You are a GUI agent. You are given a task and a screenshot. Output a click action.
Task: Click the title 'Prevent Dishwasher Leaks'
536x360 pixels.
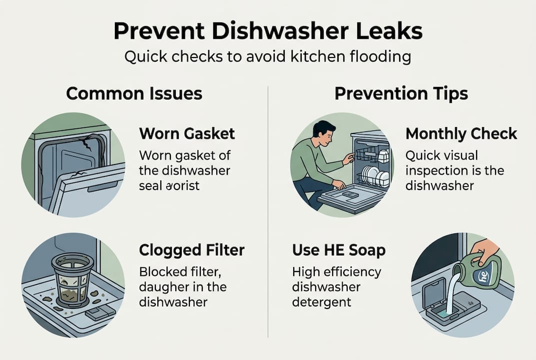tap(268, 31)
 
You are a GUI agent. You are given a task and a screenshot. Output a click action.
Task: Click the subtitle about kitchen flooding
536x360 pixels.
tap(268, 56)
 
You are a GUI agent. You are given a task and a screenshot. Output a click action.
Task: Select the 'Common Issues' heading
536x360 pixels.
tap(134, 93)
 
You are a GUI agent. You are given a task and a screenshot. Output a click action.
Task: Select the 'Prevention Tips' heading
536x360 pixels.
tap(401, 93)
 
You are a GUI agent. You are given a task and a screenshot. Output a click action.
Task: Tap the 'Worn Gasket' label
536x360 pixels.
tap(187, 133)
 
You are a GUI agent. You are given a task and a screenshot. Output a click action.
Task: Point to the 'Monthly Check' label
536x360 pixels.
tap(461, 133)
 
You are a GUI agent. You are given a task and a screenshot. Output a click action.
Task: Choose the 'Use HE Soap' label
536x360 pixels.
tap(339, 250)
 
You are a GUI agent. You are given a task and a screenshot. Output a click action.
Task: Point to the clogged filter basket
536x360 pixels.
tap(72, 277)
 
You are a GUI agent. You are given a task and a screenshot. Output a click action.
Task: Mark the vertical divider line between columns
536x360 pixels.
tap(268, 210)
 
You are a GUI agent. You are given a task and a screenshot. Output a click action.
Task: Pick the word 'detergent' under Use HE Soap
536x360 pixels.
tap(322, 302)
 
